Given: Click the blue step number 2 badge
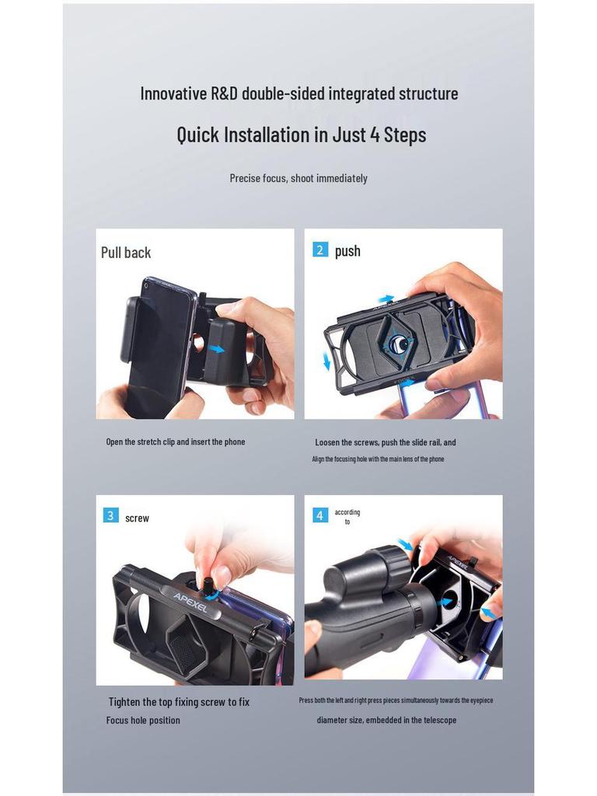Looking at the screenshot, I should click(320, 250).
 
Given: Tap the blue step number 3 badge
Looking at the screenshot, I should click(111, 516).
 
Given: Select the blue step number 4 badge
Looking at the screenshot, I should click(320, 515).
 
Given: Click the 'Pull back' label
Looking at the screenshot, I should click(126, 253).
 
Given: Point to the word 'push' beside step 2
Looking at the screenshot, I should click(347, 251).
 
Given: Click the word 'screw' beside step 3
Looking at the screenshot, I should click(137, 518).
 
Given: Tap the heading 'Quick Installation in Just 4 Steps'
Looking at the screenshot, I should click(302, 134).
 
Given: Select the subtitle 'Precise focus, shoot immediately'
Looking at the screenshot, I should click(298, 178).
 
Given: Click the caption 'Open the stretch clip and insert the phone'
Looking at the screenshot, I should click(176, 442).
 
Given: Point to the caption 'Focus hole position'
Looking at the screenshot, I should click(143, 721).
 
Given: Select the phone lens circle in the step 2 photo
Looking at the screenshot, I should click(397, 342).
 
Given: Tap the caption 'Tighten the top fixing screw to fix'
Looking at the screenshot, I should click(179, 702).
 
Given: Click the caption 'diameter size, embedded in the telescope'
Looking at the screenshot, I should click(386, 721).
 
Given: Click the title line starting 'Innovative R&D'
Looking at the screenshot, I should click(299, 94).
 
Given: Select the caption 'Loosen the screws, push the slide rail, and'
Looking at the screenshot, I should click(386, 442).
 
